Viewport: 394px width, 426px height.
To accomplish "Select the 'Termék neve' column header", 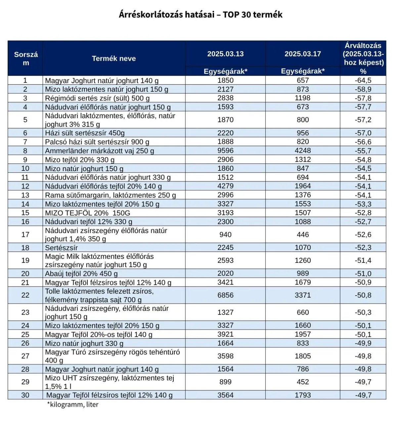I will pyautogui.click(x=113, y=59).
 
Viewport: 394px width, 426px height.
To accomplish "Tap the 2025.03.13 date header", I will pyautogui.click(x=225, y=54).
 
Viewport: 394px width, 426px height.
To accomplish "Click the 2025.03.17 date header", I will pyautogui.click(x=303, y=54).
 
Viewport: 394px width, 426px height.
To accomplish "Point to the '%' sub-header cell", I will pyautogui.click(x=363, y=71).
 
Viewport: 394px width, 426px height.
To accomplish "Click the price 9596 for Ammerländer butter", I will pyautogui.click(x=225, y=151).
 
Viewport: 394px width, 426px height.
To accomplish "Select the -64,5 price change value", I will pyautogui.click(x=363, y=80).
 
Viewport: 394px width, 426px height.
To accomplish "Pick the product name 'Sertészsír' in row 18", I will pyautogui.click(x=62, y=248).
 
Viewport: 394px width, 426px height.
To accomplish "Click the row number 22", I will pyautogui.click(x=25, y=295).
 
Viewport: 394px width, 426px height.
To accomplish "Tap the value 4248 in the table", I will pyautogui.click(x=303, y=151).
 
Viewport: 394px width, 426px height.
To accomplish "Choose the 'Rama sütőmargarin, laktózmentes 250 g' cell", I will pyautogui.click(x=110, y=195).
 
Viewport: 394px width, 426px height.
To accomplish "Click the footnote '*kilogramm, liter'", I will pyautogui.click(x=72, y=404).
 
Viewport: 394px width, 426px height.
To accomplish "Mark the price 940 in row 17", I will pyautogui.click(x=225, y=235).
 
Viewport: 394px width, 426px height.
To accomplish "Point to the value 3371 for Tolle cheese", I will pyautogui.click(x=303, y=295).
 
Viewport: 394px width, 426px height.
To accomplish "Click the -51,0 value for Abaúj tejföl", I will pyautogui.click(x=363, y=274).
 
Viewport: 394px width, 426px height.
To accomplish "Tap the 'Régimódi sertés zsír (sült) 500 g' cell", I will pyautogui.click(x=97, y=98).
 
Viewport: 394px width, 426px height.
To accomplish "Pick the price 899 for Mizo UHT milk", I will pyautogui.click(x=225, y=382).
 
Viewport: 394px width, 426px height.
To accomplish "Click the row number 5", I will pyautogui.click(x=25, y=120).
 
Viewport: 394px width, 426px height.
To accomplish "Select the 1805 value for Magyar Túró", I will pyautogui.click(x=303, y=356).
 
